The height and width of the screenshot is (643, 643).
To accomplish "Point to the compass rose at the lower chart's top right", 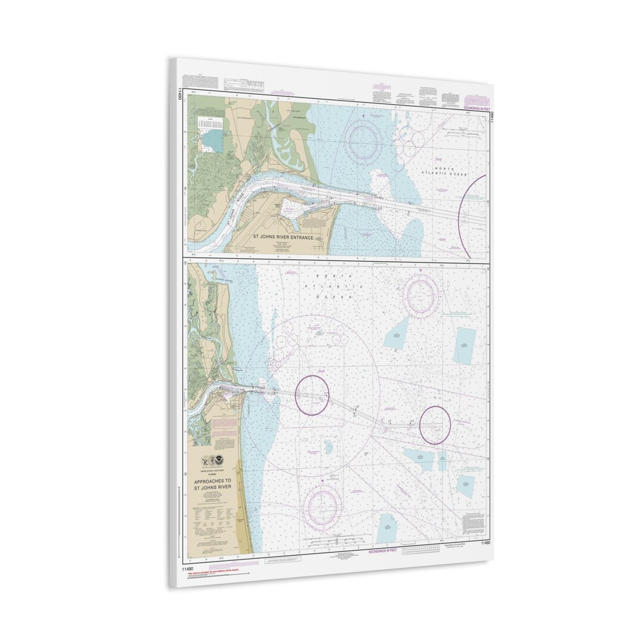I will [x=421, y=294].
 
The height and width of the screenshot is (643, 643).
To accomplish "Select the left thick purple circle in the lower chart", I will [x=312, y=395].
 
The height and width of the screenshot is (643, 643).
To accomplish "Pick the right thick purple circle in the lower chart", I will [x=434, y=424].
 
